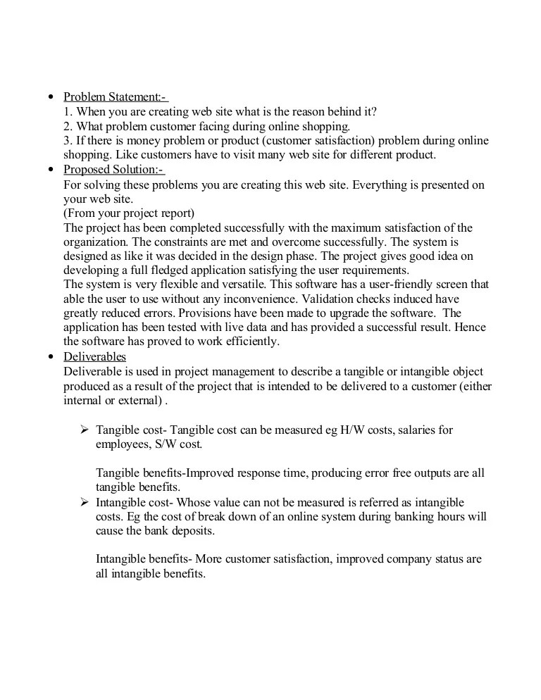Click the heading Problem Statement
pyautogui.click(x=115, y=97)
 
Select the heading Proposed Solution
pyautogui.click(x=113, y=170)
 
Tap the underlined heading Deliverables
pyautogui.click(x=94, y=356)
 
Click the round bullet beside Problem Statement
pyautogui.click(x=49, y=97)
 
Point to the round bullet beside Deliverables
pyautogui.click(x=49, y=356)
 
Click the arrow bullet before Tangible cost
pyautogui.click(x=84, y=430)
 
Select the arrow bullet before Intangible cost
pyautogui.click(x=84, y=502)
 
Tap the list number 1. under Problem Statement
pyautogui.click(x=68, y=111)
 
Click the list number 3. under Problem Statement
pyautogui.click(x=68, y=141)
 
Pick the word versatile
pyautogui.click(x=246, y=285)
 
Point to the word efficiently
pyautogui.click(x=251, y=342)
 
